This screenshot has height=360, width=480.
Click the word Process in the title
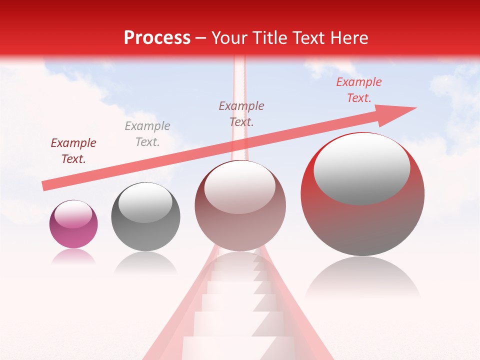[157, 38]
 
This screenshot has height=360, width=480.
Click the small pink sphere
[73, 224]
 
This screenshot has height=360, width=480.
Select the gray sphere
[145, 216]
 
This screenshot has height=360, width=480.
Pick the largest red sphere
[362, 194]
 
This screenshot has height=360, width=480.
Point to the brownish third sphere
[240, 205]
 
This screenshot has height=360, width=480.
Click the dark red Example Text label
[73, 151]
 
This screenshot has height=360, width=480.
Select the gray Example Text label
[147, 134]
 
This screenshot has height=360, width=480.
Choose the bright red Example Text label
[358, 90]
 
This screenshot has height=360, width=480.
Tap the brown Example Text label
[241, 113]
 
